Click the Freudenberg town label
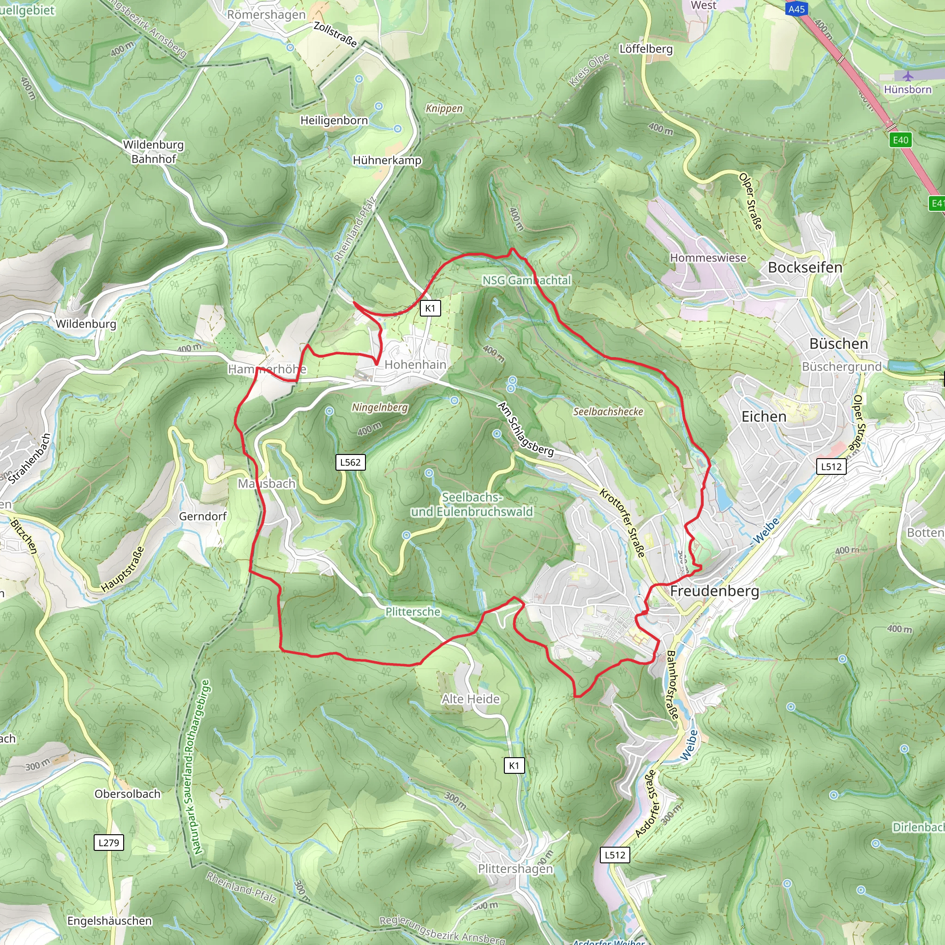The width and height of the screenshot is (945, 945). (x=714, y=591)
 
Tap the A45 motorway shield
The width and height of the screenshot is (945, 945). (x=796, y=9)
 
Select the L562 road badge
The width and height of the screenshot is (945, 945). (x=350, y=462)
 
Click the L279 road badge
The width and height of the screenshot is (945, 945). (x=108, y=842)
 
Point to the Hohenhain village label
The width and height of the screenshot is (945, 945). (x=415, y=365)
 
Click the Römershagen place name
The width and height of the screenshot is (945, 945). (x=266, y=15)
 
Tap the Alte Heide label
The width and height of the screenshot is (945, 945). (x=471, y=699)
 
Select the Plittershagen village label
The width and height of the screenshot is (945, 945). (x=515, y=868)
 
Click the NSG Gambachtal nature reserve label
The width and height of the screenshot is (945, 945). (x=526, y=280)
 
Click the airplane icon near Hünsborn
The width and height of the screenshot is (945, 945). (x=908, y=76)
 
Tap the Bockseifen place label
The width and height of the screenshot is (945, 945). (x=805, y=268)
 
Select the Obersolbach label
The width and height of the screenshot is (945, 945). (x=127, y=794)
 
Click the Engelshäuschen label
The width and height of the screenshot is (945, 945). (x=109, y=921)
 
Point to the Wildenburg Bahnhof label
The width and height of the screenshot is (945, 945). (x=153, y=152)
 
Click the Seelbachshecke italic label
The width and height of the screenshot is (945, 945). (x=608, y=412)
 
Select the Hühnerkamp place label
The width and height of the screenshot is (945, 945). (x=387, y=161)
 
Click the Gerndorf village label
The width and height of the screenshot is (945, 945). (x=203, y=516)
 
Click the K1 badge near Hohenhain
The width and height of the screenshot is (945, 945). (x=430, y=308)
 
